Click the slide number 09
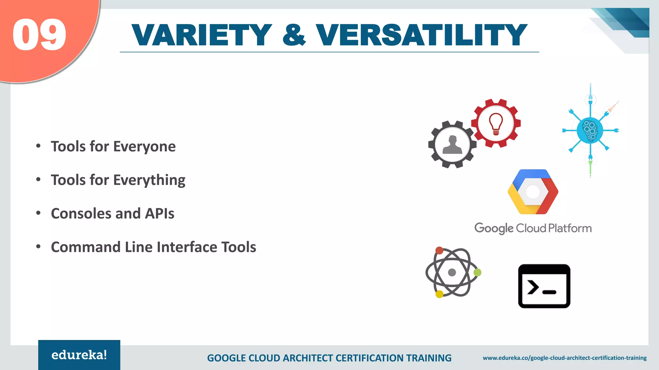click(x=39, y=34)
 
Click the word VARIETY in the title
click(x=202, y=35)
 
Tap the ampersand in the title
click(x=294, y=35)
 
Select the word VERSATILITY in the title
click(x=421, y=35)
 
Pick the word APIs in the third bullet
click(x=160, y=214)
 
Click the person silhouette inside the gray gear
click(x=452, y=145)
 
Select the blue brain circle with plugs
click(x=590, y=130)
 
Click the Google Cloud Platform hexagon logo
click(x=533, y=192)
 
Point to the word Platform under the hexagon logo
click(x=570, y=228)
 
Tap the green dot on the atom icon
click(x=478, y=272)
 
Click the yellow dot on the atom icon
click(x=439, y=294)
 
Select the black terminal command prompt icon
click(x=544, y=286)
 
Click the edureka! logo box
click(x=79, y=355)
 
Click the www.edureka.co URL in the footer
click(x=564, y=358)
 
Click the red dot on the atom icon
click(x=439, y=251)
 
